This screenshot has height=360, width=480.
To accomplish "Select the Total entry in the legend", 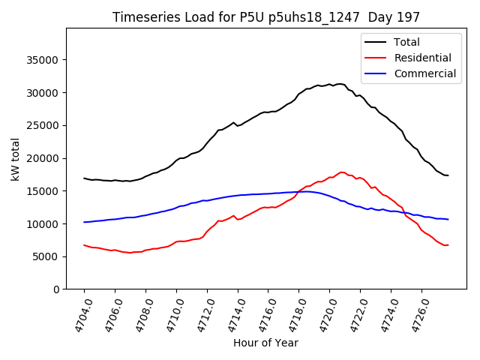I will coord(407,42).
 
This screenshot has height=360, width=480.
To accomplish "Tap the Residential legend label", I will coord(423,58).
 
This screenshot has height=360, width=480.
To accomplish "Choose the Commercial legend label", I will coord(424,73).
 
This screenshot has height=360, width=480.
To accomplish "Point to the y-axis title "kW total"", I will coord(15,159).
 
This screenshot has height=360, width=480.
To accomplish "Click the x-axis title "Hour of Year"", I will coord(266,343).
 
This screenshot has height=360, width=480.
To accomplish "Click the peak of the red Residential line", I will coord(342,172).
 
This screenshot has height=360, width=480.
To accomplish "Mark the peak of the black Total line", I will coord(339,84).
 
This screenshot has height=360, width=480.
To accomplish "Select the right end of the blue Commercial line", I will coord(448,219).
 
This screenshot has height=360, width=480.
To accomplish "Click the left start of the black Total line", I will coord(84,178).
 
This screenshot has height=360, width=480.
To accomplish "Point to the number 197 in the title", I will coord(409,16).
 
